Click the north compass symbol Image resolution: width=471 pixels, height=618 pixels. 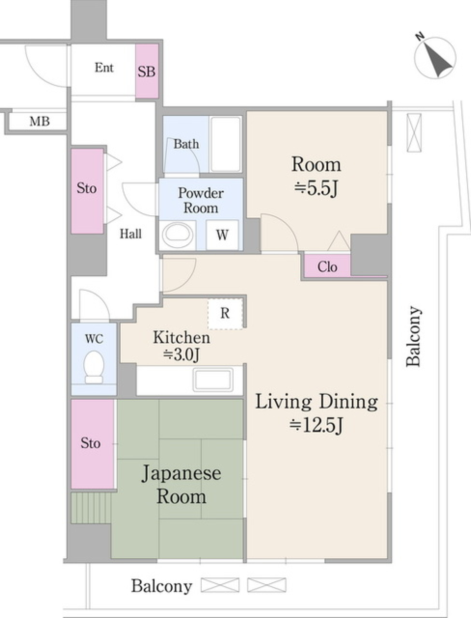435,58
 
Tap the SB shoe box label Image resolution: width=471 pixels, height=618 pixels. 146,72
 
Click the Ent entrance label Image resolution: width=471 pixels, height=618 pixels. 104,68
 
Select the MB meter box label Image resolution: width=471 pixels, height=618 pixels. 39,121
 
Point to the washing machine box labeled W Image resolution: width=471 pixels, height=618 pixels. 222,235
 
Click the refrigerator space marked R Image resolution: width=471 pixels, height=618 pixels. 225,313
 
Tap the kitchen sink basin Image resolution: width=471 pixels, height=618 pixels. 213,380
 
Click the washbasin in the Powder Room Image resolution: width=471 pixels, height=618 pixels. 177,235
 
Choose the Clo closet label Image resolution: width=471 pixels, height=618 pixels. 327,267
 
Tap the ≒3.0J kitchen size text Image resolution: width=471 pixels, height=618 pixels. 182,354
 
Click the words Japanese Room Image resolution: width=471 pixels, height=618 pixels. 181,485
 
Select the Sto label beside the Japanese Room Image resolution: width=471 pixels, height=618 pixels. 91,443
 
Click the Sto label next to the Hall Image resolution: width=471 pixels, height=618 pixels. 87,188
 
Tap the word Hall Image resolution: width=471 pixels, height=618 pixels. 131,234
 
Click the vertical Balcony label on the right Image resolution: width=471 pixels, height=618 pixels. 413,336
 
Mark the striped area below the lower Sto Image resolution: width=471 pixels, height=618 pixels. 91,508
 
